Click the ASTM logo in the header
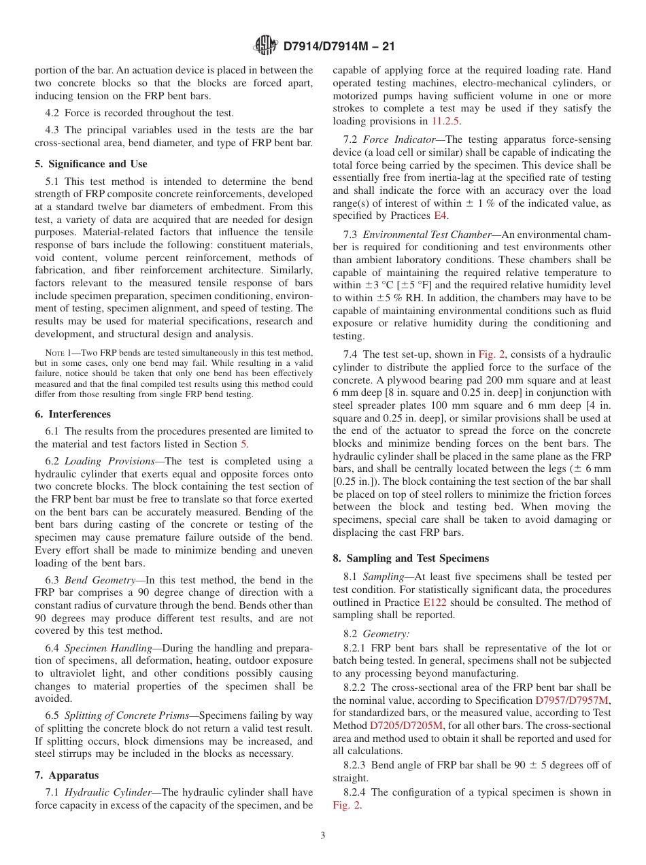click(x=266, y=46)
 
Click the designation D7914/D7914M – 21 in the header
click(x=339, y=47)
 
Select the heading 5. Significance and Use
click(x=91, y=164)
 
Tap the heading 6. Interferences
click(x=73, y=414)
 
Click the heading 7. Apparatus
click(x=67, y=775)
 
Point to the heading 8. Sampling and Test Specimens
click(x=411, y=558)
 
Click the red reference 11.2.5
click(x=446, y=121)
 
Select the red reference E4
click(x=441, y=216)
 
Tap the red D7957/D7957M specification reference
click(x=573, y=700)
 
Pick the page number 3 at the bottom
click(x=323, y=836)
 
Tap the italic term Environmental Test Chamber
click(x=427, y=235)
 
